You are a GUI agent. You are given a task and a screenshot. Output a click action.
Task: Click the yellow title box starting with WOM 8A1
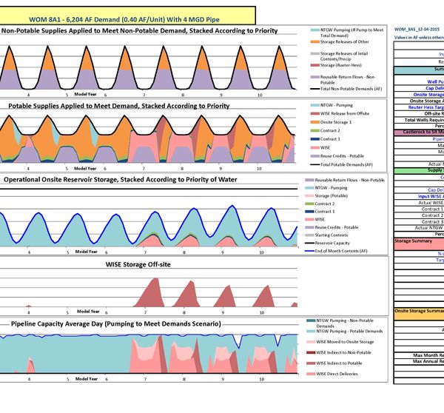pyautogui.click(x=127, y=15)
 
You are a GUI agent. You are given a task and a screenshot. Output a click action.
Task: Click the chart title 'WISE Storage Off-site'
pyautogui.click(x=138, y=263)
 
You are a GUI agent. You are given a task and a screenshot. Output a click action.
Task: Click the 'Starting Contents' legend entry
pyautogui.click(x=338, y=235)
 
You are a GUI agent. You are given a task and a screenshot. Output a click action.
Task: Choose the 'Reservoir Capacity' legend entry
pyautogui.click(x=339, y=243)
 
